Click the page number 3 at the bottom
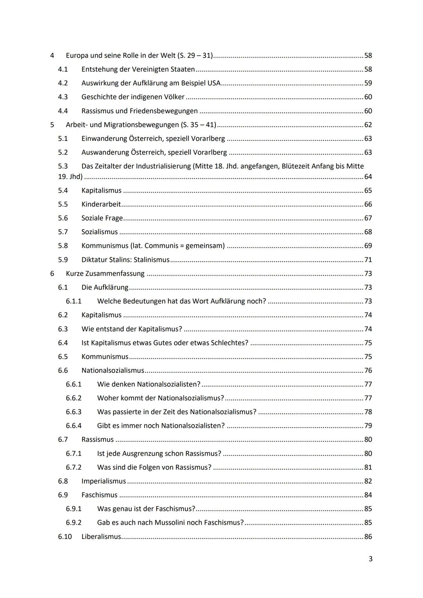coord(370,559)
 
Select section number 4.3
coord(63,97)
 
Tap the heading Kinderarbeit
coord(101,204)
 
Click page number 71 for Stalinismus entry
coord(368,260)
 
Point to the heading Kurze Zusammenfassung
coord(105,273)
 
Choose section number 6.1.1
coord(74,301)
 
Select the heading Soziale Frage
coord(102,218)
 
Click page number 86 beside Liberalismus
coord(368,537)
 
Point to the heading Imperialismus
coord(104,481)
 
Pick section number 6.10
coord(65,537)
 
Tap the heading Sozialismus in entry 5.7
coord(99,232)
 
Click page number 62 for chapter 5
coord(368,125)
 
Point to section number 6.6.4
coord(74,426)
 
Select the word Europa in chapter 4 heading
coord(77,56)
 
